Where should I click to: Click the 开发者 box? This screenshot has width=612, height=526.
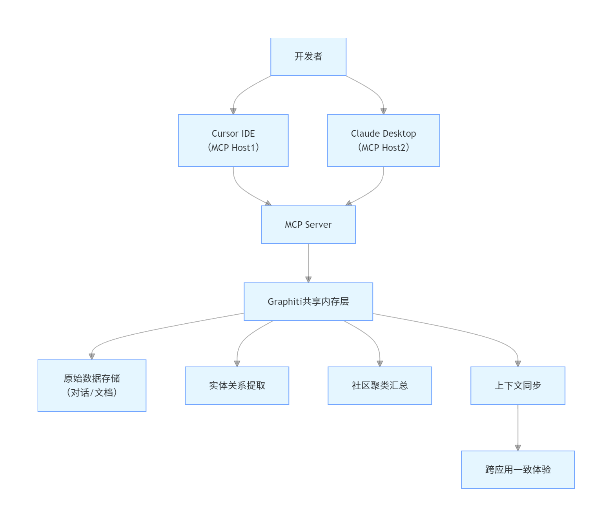(308, 57)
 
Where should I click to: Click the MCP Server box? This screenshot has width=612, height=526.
(308, 225)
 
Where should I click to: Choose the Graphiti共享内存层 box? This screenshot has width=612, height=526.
(308, 302)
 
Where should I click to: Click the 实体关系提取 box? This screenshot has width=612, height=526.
(237, 386)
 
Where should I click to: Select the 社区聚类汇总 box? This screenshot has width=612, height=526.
(380, 386)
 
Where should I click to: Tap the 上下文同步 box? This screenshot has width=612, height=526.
(518, 386)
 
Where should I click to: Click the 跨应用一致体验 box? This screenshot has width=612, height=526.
(518, 470)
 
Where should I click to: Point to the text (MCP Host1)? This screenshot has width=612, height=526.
(233, 148)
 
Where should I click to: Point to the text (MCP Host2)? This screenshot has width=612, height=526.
(383, 148)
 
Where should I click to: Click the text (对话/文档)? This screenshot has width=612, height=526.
(92, 392)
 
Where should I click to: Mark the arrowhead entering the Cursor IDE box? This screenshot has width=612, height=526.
(233, 111)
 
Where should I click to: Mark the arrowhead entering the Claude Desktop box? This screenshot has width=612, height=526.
(384, 111)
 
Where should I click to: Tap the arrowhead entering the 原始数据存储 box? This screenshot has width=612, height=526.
(92, 356)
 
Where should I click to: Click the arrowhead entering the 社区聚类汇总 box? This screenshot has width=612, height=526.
(380, 363)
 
